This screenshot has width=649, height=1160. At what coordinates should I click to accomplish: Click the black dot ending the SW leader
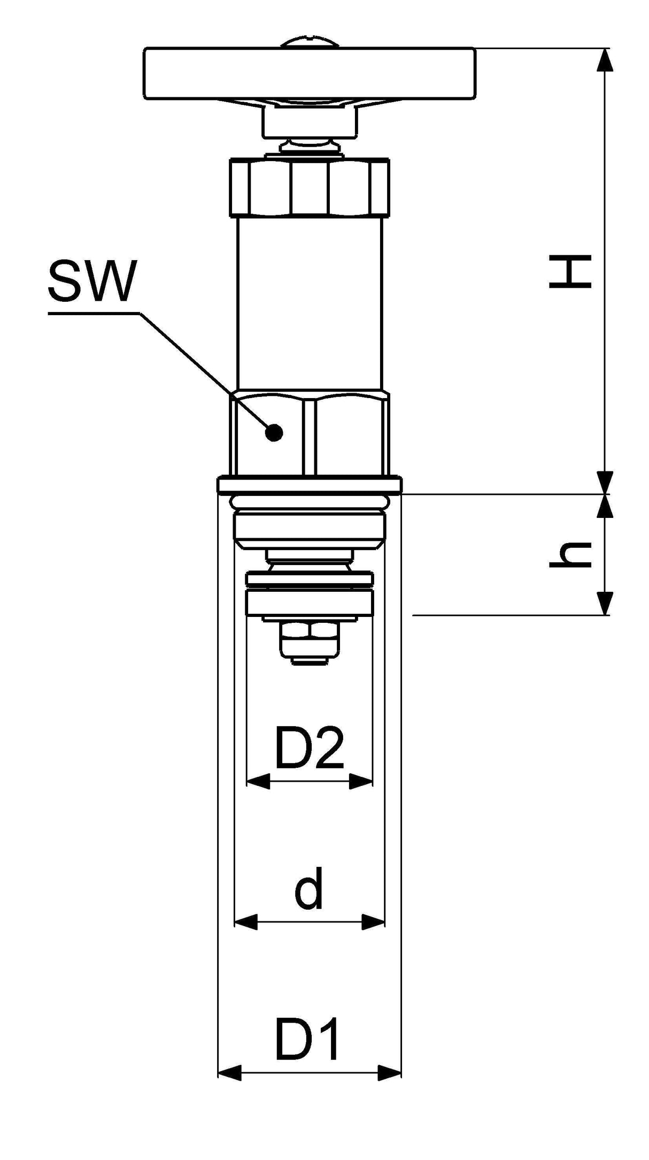point(274,432)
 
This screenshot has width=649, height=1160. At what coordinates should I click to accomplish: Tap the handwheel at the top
point(310,73)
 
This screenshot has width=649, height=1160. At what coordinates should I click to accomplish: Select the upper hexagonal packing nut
point(310,187)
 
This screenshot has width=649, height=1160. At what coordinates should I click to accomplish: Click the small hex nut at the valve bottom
point(310,640)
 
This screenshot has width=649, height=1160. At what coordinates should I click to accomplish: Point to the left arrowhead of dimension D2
point(258,781)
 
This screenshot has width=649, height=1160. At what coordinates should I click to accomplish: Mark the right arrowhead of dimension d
point(374,922)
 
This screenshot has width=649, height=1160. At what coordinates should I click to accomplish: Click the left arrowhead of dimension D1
point(229,1072)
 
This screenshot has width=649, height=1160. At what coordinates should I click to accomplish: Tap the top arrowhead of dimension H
point(605,59)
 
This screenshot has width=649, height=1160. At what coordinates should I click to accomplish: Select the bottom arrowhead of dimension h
point(605,604)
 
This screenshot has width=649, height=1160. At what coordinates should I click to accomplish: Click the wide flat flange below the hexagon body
point(310,485)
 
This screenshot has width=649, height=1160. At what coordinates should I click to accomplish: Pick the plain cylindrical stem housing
point(310,304)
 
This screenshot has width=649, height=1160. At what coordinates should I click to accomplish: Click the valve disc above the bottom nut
point(310,602)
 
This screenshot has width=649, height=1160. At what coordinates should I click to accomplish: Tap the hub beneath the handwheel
point(309,121)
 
